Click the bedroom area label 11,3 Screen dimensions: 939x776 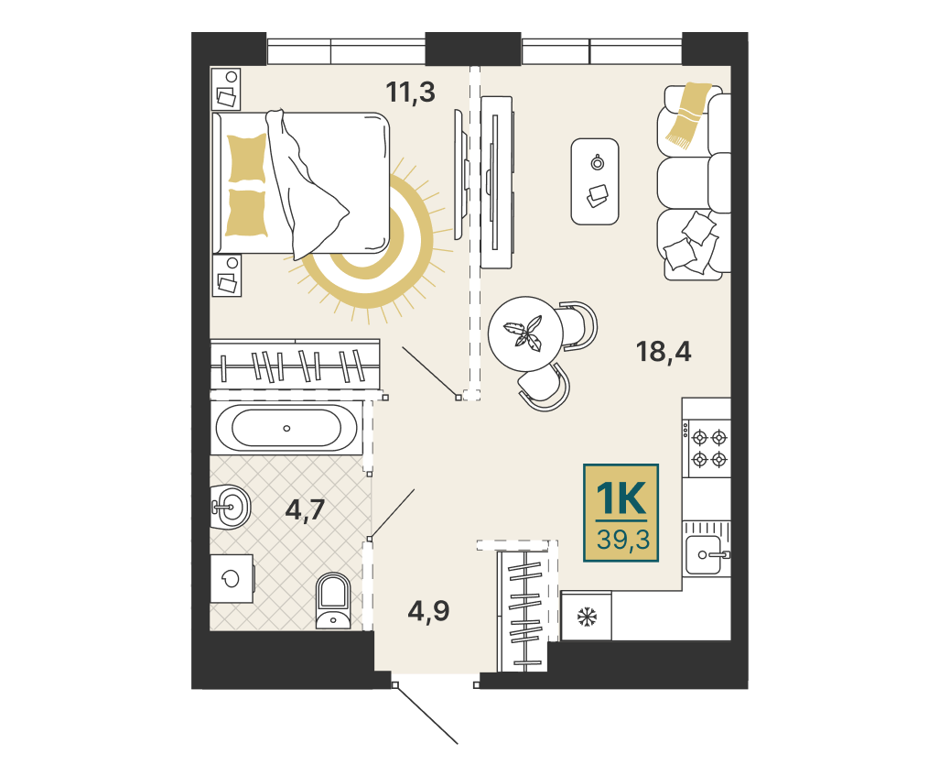[410, 93]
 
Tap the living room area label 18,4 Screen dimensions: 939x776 [664, 352]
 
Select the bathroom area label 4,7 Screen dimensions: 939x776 [306, 510]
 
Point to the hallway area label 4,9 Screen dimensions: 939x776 [429, 611]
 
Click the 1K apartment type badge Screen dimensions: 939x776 [621, 513]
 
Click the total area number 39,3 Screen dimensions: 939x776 [623, 540]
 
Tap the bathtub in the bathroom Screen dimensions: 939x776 [286, 428]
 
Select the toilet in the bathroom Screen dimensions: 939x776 [333, 601]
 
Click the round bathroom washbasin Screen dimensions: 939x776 [232, 507]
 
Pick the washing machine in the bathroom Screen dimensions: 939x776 [232, 578]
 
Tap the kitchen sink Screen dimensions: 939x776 [706, 554]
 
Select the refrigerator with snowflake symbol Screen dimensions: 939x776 [587, 616]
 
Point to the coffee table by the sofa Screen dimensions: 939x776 [595, 181]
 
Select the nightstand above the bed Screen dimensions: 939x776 [226, 89]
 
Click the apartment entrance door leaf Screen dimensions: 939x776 [426, 715]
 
